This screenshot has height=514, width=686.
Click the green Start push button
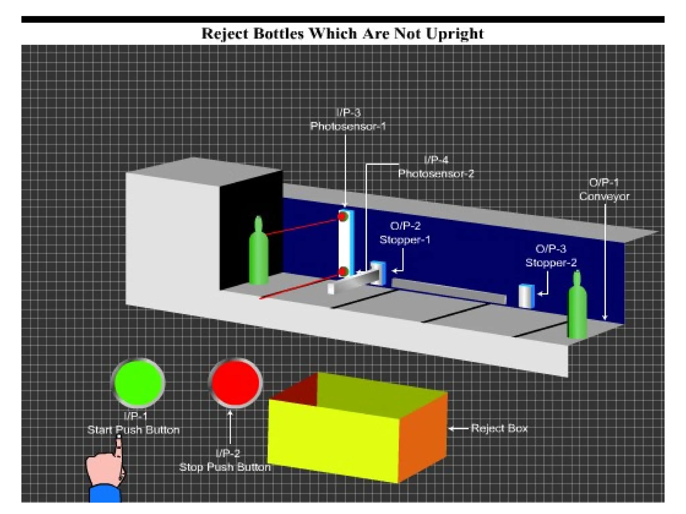point(138,383)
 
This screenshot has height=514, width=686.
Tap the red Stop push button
point(235,383)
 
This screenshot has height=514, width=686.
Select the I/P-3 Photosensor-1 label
point(348,119)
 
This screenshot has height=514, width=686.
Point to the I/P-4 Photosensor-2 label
point(436,167)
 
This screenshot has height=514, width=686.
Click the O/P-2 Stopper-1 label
point(405,233)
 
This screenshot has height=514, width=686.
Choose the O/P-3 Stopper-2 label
point(551,256)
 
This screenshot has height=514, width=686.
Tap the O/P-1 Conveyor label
point(604,189)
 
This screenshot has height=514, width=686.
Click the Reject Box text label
point(499,428)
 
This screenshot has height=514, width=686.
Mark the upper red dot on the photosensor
point(342,217)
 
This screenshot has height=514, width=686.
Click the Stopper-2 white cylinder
point(526,296)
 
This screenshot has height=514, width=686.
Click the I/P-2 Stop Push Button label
point(225,460)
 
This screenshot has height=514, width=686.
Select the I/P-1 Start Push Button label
point(133,423)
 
